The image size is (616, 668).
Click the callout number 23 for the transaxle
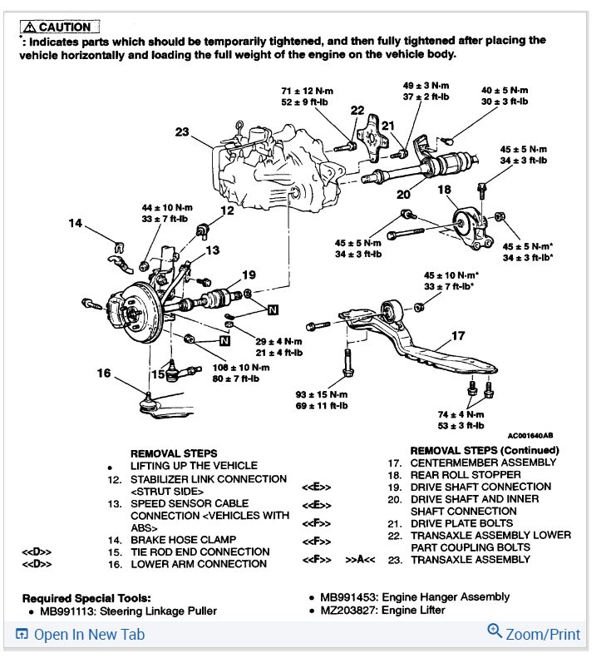point(182,131)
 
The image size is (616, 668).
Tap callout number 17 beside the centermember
point(458,336)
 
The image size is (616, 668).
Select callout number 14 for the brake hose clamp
point(76,223)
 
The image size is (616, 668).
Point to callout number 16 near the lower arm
point(103,374)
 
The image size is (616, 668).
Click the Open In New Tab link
point(81,635)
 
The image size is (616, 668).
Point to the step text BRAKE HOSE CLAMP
point(182,540)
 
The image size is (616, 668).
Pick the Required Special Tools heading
point(86,598)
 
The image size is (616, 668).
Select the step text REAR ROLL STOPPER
point(466,474)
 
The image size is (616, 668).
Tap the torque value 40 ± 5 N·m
point(505,91)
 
